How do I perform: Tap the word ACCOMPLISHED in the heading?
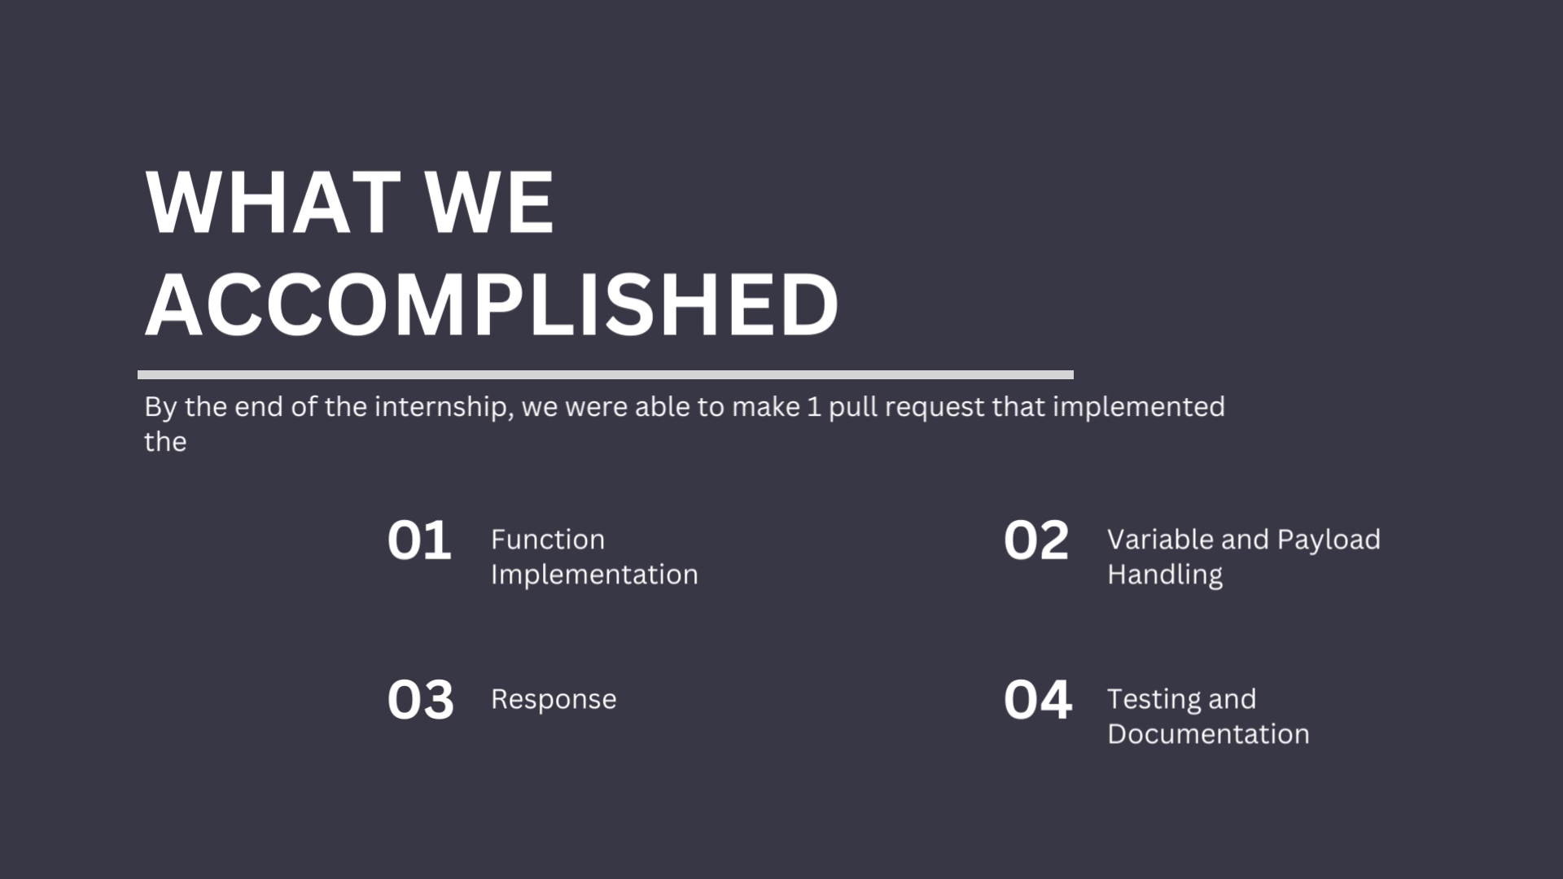click(492, 305)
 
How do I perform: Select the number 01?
click(419, 540)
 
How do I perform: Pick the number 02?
click(1035, 540)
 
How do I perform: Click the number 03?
click(420, 700)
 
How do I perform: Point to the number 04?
click(1037, 700)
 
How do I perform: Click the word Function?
click(548, 540)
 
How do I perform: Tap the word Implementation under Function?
click(594, 575)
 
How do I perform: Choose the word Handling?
click(1165, 575)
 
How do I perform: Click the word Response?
click(554, 701)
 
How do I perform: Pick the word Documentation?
click(1208, 734)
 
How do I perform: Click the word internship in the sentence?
click(444, 408)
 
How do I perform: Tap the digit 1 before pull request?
click(814, 407)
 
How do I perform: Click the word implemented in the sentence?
click(1139, 408)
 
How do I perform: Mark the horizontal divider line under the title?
click(606, 375)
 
